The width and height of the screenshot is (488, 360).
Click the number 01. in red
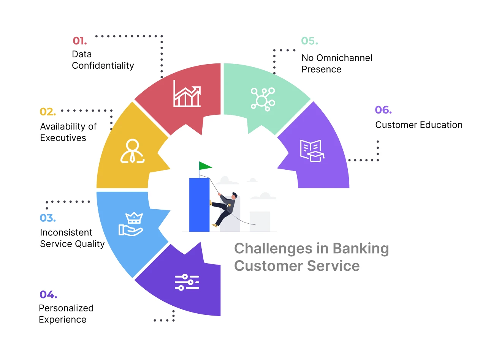click(79, 40)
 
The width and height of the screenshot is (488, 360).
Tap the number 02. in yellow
click(48, 112)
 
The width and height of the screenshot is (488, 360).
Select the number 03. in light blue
click(48, 218)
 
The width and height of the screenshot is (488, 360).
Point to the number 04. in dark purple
click(48, 294)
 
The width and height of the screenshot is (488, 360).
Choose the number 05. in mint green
click(309, 41)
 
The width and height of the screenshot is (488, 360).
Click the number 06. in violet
click(383, 110)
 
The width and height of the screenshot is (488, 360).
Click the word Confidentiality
click(103, 66)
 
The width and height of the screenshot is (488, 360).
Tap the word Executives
click(63, 138)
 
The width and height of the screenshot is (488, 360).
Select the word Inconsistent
click(66, 232)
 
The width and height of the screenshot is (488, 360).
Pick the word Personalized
click(66, 308)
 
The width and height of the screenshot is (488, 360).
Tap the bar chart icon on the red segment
click(187, 93)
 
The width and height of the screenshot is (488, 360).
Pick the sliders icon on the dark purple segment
click(187, 282)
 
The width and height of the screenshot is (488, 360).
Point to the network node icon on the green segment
click(263, 99)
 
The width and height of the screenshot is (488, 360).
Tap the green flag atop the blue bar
click(205, 166)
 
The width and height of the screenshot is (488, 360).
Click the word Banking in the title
click(361, 249)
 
